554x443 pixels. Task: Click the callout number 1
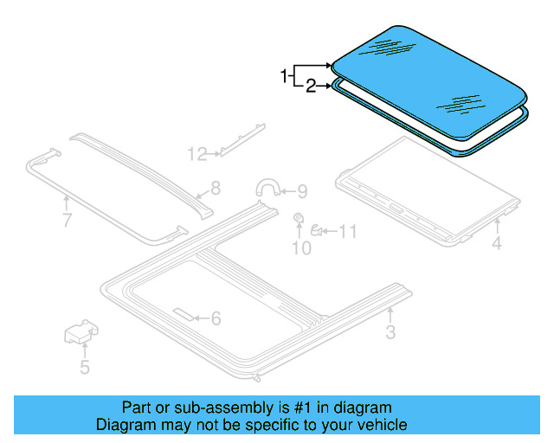coord(283,77)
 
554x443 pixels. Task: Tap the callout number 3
coord(390,332)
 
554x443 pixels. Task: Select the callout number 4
coord(497,244)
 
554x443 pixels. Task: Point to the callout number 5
coord(84,368)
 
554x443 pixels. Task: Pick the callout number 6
coord(216,318)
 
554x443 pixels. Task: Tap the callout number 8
coord(216,188)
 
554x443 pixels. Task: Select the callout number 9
coord(301,191)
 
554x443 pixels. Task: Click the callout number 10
coord(300,249)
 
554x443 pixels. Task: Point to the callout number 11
coord(347,231)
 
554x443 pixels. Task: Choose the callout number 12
coord(197,154)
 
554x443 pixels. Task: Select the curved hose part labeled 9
coord(269,189)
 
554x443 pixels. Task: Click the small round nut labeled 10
coord(299,217)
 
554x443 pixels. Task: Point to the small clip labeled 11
coord(318,230)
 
